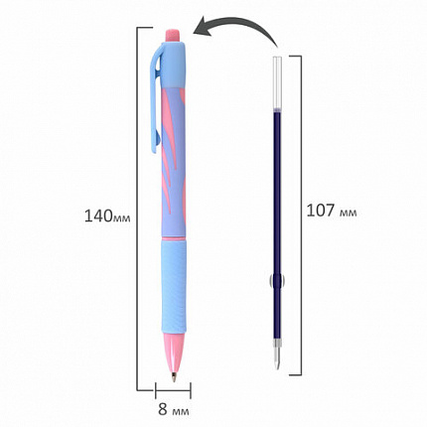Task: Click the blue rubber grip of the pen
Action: (x=179, y=288)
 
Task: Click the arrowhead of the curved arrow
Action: (x=199, y=31)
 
